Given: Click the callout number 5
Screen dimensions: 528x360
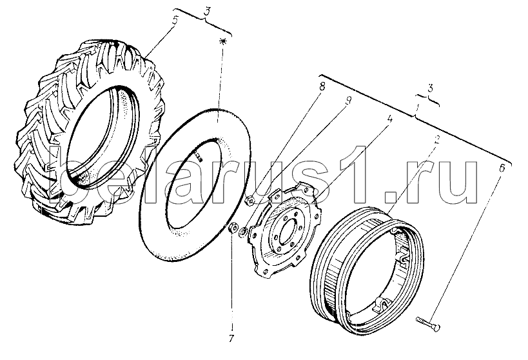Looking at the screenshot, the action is pyautogui.click(x=175, y=20).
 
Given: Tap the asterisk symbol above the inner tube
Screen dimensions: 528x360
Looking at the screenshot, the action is pyautogui.click(x=222, y=41).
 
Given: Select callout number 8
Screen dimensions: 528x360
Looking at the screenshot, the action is pyautogui.click(x=322, y=86).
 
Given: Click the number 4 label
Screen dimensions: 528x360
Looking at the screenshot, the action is pyautogui.click(x=389, y=119).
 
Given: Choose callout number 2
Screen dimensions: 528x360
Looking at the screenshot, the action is pyautogui.click(x=436, y=140).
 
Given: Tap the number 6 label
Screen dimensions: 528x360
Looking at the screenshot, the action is pyautogui.click(x=502, y=168).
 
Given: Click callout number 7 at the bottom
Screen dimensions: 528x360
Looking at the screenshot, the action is pyautogui.click(x=231, y=338).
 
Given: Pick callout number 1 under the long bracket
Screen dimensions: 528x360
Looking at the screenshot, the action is pyautogui.click(x=418, y=108).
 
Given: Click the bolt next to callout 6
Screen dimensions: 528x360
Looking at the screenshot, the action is pyautogui.click(x=428, y=323).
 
